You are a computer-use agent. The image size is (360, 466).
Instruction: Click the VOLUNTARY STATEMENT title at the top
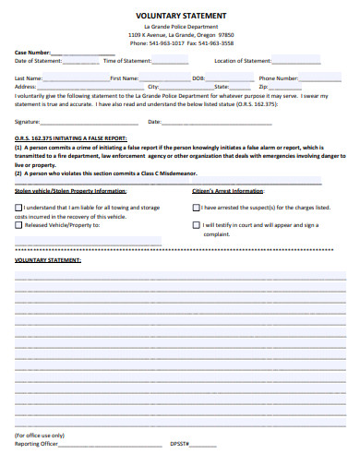pos(179,17)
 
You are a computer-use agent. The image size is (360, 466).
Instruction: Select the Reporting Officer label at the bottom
pos(36,444)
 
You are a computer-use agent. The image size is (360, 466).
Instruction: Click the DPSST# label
pos(180,444)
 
